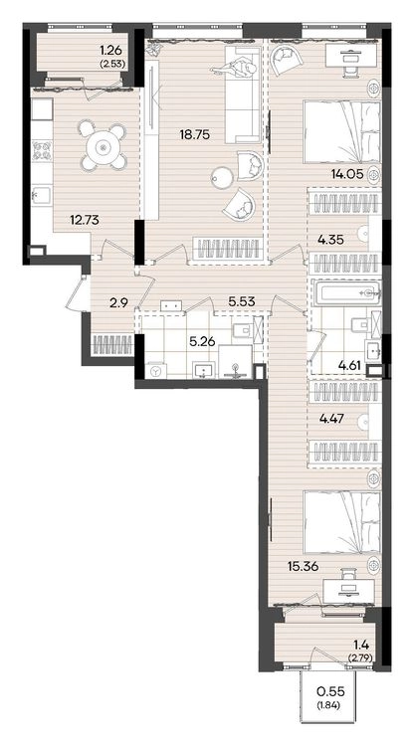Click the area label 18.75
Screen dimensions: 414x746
click(195, 134)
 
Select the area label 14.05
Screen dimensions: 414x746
click(347, 174)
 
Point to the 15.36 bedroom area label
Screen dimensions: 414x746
click(303, 566)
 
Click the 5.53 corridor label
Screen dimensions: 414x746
click(242, 300)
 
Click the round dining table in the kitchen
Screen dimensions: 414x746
click(103, 147)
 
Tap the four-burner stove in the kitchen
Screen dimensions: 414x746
click(42, 150)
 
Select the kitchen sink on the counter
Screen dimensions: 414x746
click(42, 196)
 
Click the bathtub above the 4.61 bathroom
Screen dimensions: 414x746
click(347, 292)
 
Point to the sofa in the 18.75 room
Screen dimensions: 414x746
click(242, 93)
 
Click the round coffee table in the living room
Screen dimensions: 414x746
click(222, 176)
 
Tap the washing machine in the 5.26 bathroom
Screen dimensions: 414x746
click(155, 371)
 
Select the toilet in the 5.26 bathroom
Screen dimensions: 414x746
click(243, 329)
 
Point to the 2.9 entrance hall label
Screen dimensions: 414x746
click(118, 302)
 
